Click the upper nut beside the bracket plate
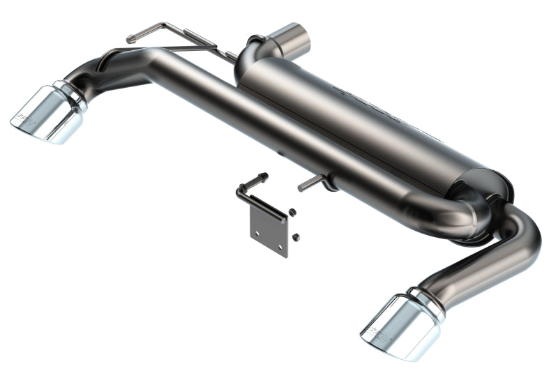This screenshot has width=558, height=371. click(292, 212)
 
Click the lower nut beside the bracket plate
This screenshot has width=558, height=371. click(297, 237)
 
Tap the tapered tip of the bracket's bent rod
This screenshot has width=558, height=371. click(264, 176)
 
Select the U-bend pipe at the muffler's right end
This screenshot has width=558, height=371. click(481, 209)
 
